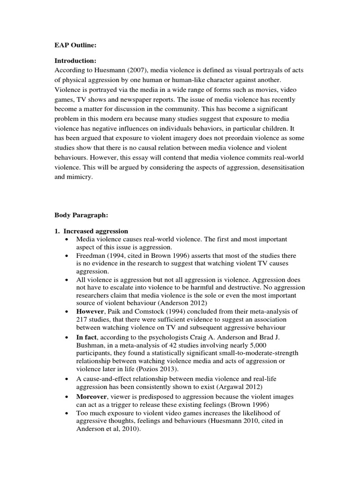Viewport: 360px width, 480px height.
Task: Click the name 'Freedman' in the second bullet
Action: click(x=91, y=255)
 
